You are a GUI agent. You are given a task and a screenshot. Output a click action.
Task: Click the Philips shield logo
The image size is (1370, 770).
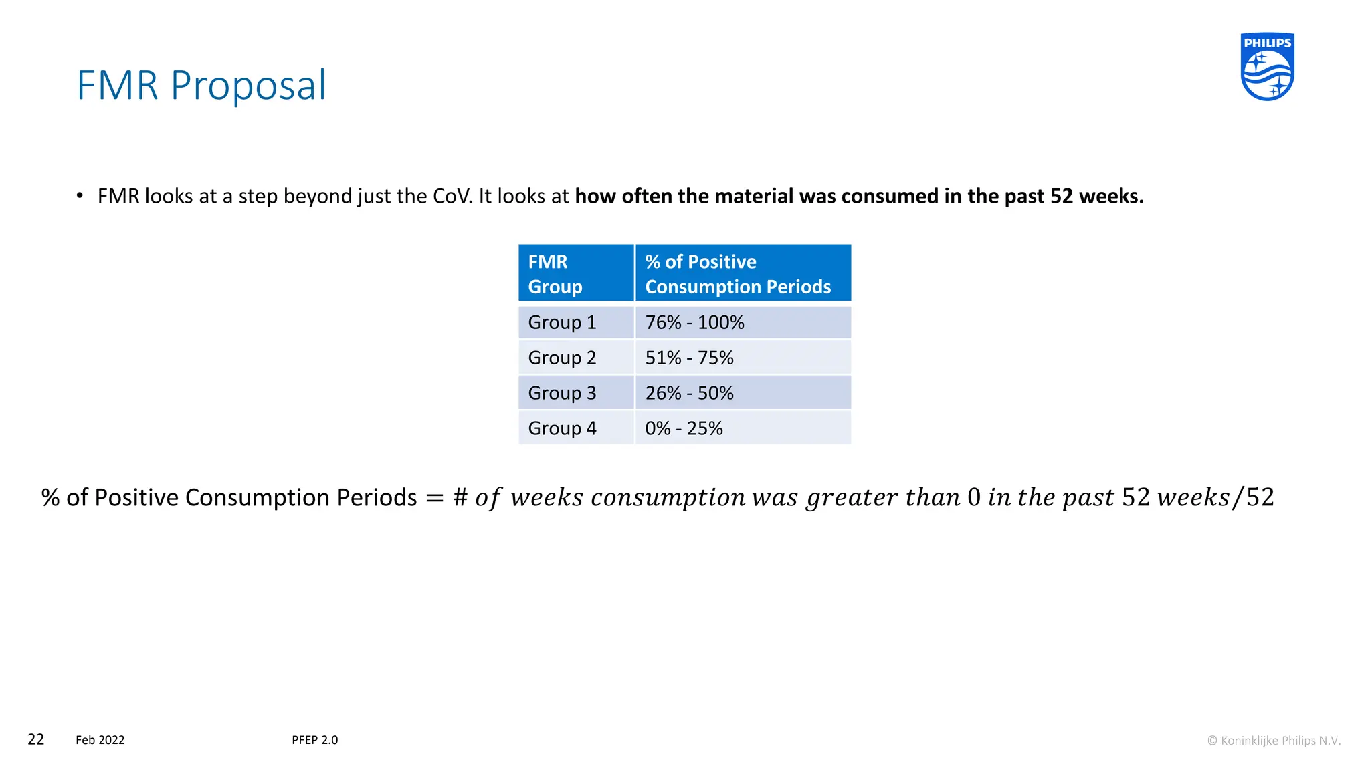pos(1267,67)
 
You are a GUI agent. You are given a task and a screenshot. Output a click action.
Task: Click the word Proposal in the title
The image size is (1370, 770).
pos(248,86)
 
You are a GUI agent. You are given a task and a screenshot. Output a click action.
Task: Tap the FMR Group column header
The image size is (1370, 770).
pos(575,273)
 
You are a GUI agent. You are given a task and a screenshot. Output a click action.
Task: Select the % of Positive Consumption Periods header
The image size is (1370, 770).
pos(743,273)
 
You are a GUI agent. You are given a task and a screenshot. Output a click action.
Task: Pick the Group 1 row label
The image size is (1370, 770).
pos(562,322)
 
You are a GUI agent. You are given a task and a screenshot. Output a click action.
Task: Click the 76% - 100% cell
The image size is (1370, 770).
pos(694,322)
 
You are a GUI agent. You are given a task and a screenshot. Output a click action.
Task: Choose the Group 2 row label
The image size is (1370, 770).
pos(562,358)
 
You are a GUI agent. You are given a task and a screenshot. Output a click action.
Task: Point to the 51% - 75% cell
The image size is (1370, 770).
pos(689,358)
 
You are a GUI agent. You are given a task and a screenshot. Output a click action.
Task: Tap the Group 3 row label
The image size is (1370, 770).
pos(562,393)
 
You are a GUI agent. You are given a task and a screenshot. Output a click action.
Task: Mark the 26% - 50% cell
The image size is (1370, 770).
pos(689,393)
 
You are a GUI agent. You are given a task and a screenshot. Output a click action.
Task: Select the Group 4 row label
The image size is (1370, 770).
pos(562,428)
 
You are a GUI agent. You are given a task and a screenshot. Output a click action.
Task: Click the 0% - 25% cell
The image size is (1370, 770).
pos(684,428)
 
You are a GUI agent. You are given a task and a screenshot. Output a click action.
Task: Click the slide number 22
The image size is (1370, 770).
pos(35,739)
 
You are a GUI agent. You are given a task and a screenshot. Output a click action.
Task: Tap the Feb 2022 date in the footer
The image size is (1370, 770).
pos(100,740)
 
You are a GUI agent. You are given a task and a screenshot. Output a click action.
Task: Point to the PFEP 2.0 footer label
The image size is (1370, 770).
pos(315,740)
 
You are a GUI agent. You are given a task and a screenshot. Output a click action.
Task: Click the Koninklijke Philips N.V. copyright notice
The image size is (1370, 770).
pos(1274,741)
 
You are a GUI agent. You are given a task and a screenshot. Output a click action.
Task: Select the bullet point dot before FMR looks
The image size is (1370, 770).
pos(80,196)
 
